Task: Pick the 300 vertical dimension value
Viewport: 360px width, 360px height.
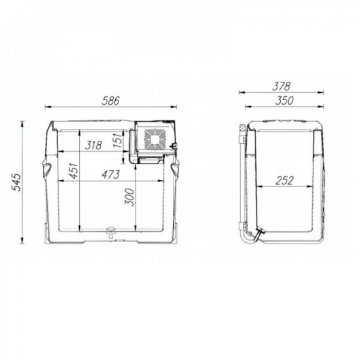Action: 128,198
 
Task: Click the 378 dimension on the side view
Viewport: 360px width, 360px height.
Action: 282,86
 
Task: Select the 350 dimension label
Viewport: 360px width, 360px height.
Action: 282,101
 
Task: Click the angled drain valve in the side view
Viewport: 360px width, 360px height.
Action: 261,232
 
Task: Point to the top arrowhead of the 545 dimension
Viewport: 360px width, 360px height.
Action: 24,122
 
